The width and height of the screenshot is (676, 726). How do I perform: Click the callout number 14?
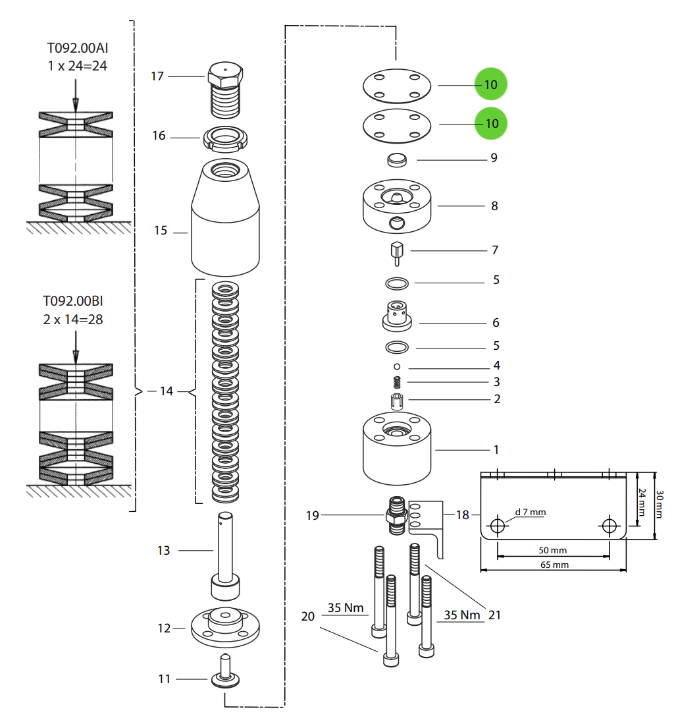[166, 391]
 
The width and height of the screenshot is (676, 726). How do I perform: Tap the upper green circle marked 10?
[491, 84]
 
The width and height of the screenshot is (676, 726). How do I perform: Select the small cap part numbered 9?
[396, 160]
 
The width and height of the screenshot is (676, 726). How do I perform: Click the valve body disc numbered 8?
[396, 207]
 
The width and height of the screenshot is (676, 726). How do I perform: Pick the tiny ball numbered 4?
[397, 366]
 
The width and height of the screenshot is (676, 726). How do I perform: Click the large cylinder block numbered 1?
[396, 449]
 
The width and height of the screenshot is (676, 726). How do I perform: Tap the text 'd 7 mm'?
[530, 512]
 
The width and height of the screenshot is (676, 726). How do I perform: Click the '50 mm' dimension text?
[552, 550]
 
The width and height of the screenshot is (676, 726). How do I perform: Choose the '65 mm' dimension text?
[554, 565]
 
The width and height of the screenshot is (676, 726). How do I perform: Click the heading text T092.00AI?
[74, 48]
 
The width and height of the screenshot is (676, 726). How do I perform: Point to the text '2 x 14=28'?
[73, 320]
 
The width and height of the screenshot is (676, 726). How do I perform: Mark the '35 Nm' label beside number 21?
[461, 615]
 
